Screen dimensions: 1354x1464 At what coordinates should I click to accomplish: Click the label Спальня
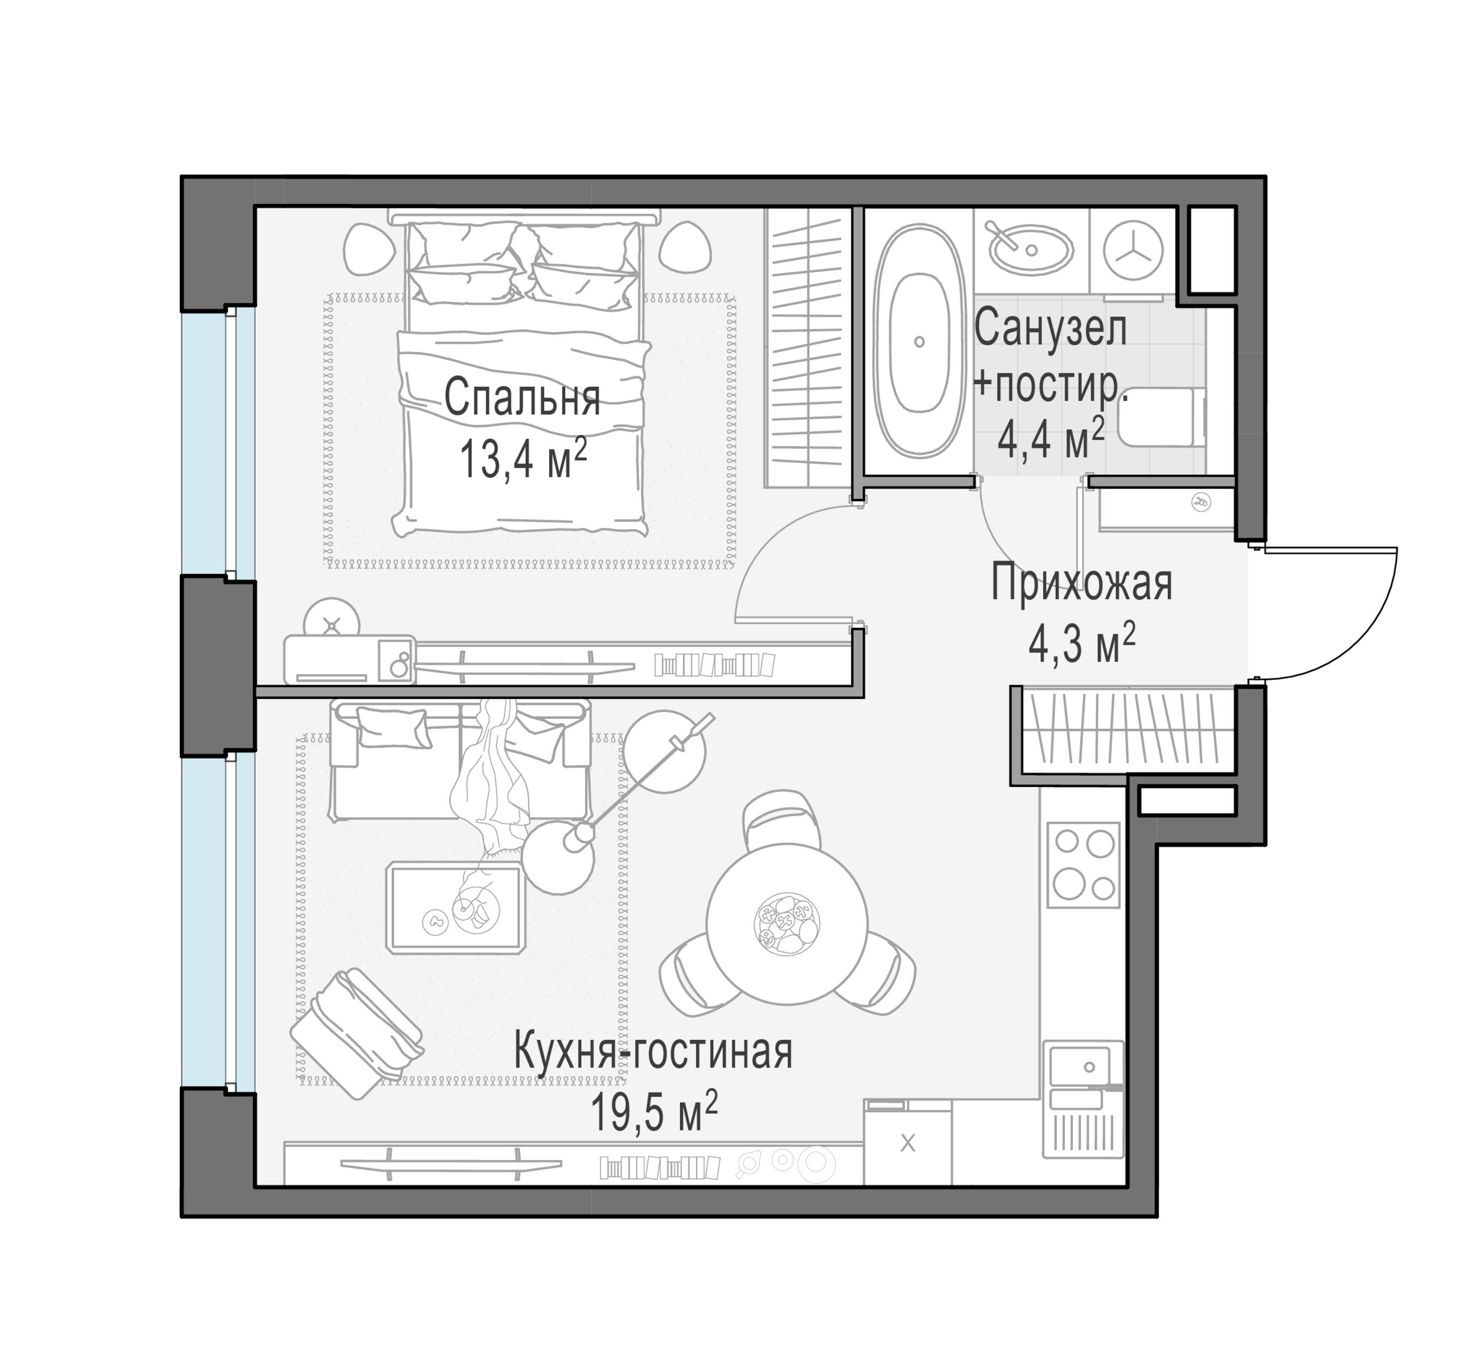click(x=522, y=399)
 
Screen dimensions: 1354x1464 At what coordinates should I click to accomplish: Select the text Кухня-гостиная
click(x=653, y=1051)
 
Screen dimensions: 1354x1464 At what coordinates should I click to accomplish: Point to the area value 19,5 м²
click(x=653, y=1113)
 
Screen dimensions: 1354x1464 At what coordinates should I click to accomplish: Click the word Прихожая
click(x=1081, y=584)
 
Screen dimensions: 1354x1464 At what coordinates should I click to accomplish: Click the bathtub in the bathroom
click(x=919, y=341)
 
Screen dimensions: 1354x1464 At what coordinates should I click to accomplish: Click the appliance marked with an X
click(x=907, y=1143)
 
